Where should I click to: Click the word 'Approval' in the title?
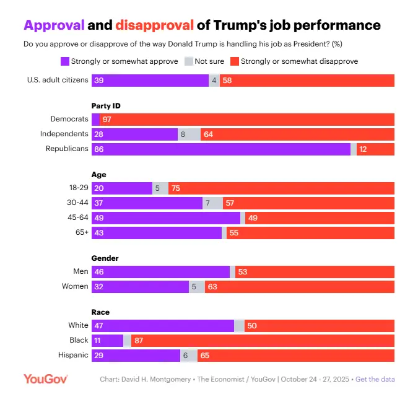coord(53,25)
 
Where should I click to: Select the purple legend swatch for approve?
coord(64,61)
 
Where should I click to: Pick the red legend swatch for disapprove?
coord(234,61)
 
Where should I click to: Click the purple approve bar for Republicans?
coord(221,149)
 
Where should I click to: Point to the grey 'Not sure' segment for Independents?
coord(189,134)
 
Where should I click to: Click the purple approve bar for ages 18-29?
coord(122,188)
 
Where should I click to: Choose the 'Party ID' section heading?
coord(106,106)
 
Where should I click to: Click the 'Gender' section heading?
coord(105,258)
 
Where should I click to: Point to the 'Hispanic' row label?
coord(73,355)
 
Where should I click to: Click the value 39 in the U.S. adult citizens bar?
coord(98,81)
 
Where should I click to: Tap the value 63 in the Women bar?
coord(212,287)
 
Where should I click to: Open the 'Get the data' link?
coord(375,379)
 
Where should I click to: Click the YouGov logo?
coord(45,379)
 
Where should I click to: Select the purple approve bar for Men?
coord(161,272)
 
